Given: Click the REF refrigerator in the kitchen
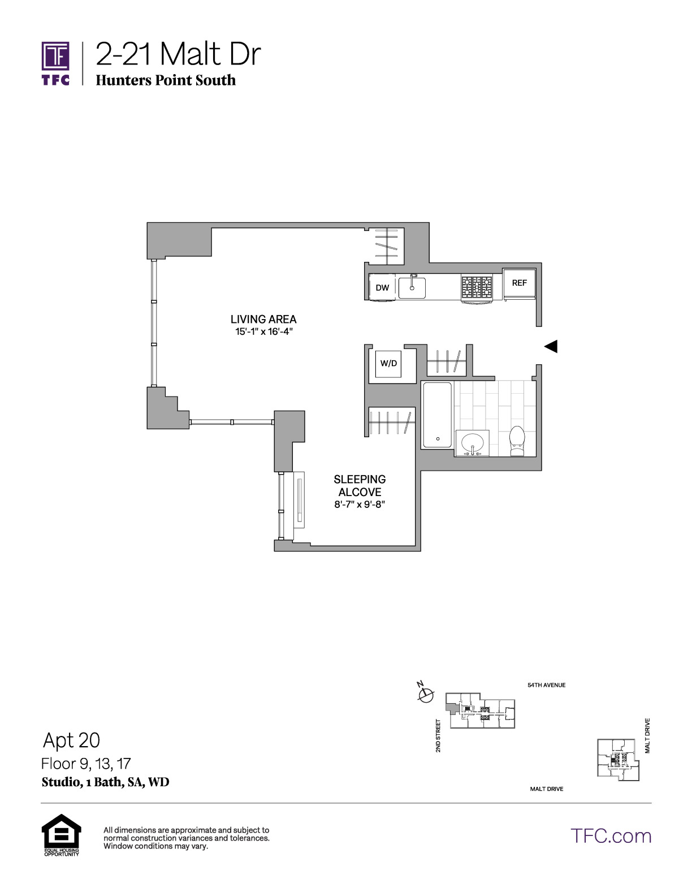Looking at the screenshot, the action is pos(519,284).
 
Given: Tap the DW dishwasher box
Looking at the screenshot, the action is pos(382,287).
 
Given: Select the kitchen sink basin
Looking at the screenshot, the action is pos(412,287).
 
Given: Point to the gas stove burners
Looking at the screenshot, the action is pos(477,287).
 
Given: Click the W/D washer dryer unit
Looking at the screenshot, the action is pos(388,363).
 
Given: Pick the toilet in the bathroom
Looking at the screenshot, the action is pos(517,441).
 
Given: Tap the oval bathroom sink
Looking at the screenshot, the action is pos(472,443).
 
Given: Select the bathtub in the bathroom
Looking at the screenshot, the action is pos(437,415).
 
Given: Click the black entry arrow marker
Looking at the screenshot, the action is pos(551,346).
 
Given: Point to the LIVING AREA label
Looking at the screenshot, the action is pos(263,319).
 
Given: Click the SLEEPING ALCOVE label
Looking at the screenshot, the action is pos(360,485).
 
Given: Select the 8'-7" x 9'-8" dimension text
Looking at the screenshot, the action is pos(360,505).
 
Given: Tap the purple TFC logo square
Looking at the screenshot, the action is pos(55,56).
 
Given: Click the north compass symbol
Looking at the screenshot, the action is pos(426,694).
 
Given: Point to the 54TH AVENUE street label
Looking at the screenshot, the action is pos(546,685).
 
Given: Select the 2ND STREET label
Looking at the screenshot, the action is pos(438,735).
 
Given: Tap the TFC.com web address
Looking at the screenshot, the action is pos(611,836).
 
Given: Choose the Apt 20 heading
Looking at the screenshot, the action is pos(72,740).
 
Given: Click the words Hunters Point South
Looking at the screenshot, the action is pos(166,80).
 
